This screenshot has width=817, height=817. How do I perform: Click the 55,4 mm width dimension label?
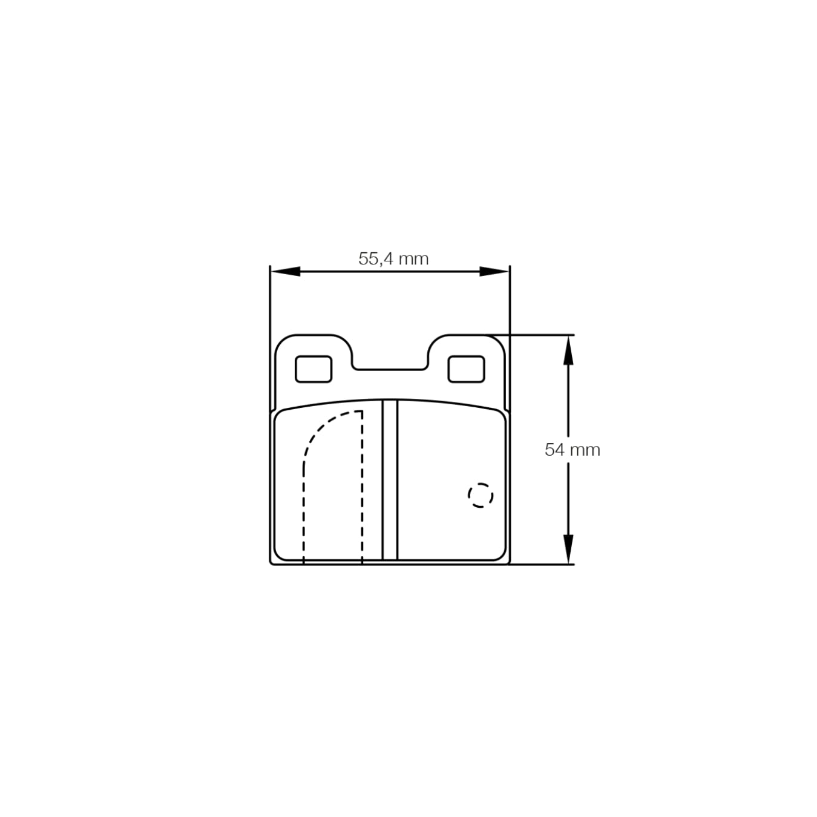pyautogui.click(x=393, y=259)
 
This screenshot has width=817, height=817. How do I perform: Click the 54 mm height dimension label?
pyautogui.click(x=572, y=450)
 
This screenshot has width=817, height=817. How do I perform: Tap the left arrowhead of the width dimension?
pyautogui.click(x=285, y=271)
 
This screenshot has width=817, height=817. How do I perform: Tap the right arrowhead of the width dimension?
pyautogui.click(x=494, y=271)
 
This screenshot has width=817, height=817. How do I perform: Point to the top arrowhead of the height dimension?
pyautogui.click(x=568, y=351)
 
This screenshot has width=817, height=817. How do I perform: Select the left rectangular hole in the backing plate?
pyautogui.click(x=313, y=369)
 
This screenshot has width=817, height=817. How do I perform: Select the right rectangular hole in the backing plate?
pyautogui.click(x=466, y=369)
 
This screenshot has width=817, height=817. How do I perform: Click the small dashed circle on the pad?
pyautogui.click(x=481, y=495)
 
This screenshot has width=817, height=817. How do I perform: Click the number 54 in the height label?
pyautogui.click(x=555, y=450)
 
